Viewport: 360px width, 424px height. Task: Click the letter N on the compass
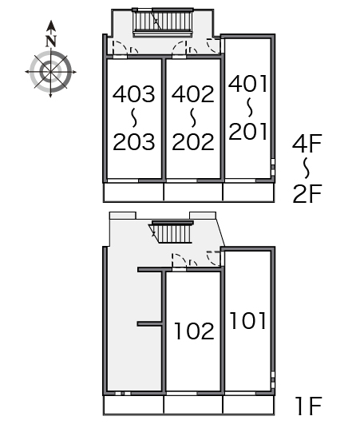tap(51, 42)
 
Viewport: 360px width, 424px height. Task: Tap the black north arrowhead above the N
tap(51, 26)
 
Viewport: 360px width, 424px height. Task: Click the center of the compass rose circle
tap(50, 72)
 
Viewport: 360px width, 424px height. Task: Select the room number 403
tap(134, 94)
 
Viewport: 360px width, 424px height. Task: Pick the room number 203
tap(134, 141)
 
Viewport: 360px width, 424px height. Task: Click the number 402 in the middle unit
tap(193, 94)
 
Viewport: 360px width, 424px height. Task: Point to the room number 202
tap(193, 141)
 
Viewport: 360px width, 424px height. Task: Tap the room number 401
tap(247, 83)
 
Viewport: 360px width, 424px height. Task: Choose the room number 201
tap(247, 131)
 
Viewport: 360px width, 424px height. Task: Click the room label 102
tap(194, 331)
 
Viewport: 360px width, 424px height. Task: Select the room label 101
tap(247, 320)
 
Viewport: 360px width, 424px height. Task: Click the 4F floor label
tap(307, 144)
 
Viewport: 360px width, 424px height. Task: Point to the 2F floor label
tap(307, 193)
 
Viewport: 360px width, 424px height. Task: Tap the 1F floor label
tap(308, 406)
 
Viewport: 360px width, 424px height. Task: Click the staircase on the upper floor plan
tap(163, 22)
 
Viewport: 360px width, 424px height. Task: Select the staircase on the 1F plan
tap(172, 232)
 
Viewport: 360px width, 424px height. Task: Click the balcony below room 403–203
tap(133, 192)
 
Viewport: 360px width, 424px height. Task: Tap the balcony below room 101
tap(249, 405)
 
